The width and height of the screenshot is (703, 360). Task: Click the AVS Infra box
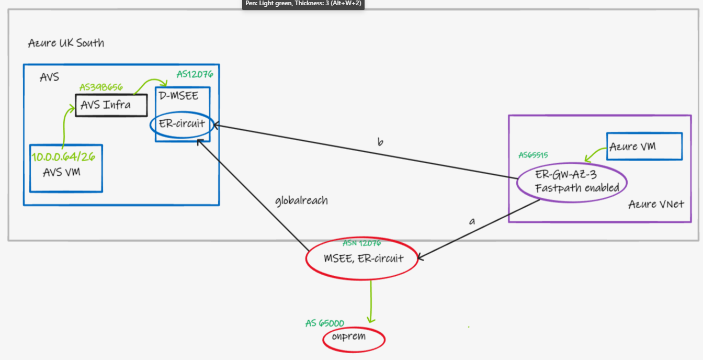pyautogui.click(x=110, y=106)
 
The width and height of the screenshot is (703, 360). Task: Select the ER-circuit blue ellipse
pyautogui.click(x=183, y=125)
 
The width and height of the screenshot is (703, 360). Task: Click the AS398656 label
pyautogui.click(x=101, y=87)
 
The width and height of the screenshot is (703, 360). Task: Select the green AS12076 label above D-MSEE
pyautogui.click(x=195, y=74)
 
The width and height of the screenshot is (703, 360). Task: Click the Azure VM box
pyautogui.click(x=644, y=147)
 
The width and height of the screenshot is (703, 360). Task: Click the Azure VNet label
pyautogui.click(x=656, y=205)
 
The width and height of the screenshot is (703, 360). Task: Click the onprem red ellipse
pyautogui.click(x=354, y=339)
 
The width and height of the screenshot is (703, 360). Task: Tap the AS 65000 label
pyautogui.click(x=325, y=323)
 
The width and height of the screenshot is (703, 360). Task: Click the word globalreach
pyautogui.click(x=301, y=200)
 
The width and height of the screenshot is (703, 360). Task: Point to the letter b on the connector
pyautogui.click(x=380, y=142)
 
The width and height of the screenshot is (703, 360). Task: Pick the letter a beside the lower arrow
pyautogui.click(x=472, y=221)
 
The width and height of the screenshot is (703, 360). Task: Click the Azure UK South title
pyautogui.click(x=66, y=43)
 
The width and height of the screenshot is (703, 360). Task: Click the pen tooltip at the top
pyautogui.click(x=303, y=4)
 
